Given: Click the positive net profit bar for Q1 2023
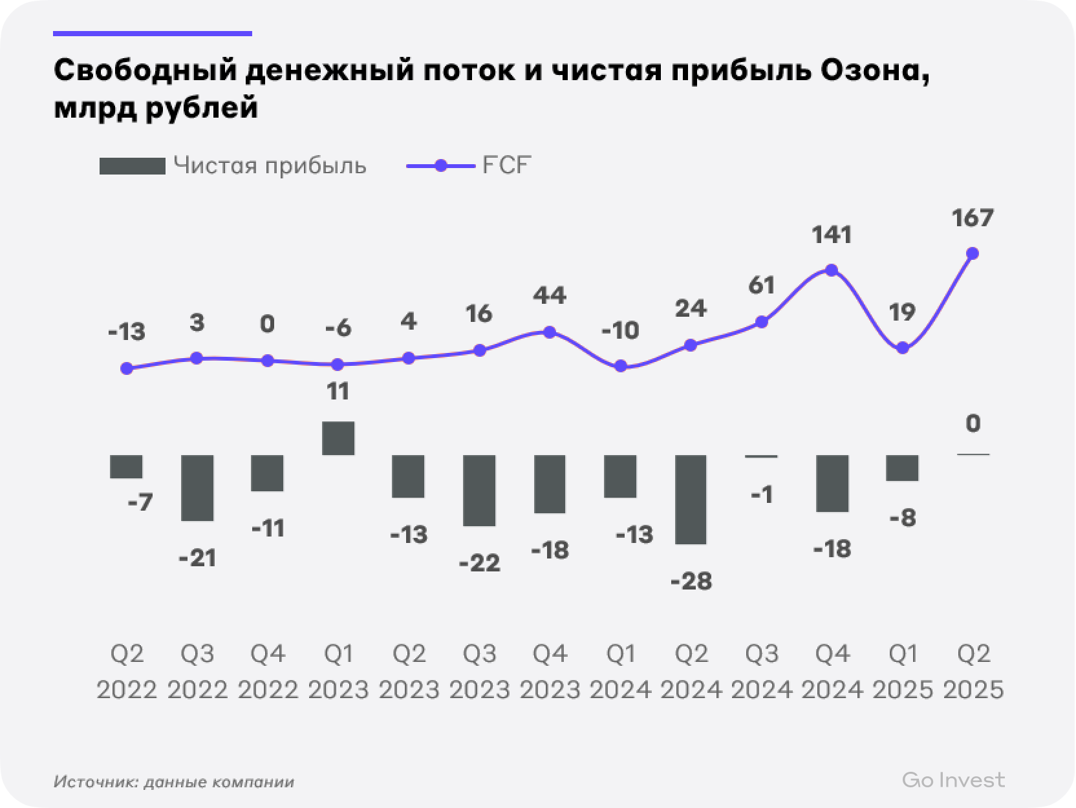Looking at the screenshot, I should pos(338,438).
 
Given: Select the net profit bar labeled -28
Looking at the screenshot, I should pos(691,499).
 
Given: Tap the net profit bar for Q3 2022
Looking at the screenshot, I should pos(197,487).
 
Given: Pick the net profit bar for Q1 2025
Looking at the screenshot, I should pos(902,467).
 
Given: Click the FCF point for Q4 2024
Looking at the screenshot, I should pos(832,270).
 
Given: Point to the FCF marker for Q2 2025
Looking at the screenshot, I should pos(971,253).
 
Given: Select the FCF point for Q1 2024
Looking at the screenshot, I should pos(621,366).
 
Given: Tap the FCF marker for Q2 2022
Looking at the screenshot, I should pos(127,368).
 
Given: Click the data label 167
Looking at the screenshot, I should pos(972,218).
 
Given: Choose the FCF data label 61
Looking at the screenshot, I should pos(761,285).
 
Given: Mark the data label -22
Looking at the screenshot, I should pos(479,564).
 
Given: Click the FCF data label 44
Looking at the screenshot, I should pos(550,296).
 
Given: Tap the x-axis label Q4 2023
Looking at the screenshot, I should pos(550,672).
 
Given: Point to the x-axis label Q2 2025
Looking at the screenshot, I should pos(973,672).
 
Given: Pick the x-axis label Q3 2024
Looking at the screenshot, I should pos(761,672).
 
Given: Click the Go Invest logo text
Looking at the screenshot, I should pos(953,780).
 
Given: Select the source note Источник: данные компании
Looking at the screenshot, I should pos(174,782).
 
